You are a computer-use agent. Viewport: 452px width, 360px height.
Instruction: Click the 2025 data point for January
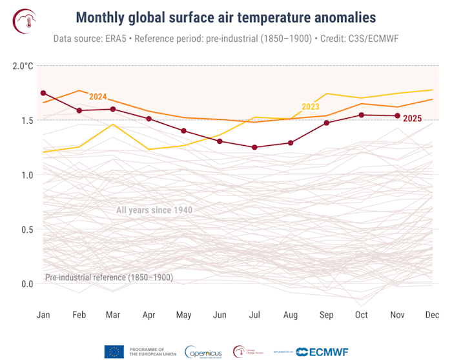tap(43, 93)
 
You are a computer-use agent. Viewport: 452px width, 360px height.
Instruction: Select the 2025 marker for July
tap(254, 147)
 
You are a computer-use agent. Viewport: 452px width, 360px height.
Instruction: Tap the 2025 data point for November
tap(396, 115)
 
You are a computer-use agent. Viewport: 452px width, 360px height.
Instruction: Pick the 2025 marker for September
tap(327, 123)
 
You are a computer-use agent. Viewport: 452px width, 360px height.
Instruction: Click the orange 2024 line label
tap(98, 97)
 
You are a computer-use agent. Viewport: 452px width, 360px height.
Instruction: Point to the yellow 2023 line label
tap(311, 107)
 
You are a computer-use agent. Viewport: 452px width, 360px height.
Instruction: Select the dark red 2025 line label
tap(413, 118)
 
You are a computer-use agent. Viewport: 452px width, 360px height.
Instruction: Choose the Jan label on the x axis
tap(43, 315)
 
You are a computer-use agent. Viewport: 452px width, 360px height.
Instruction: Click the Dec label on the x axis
tap(432, 315)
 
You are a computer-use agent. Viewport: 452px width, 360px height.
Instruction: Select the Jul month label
tap(254, 315)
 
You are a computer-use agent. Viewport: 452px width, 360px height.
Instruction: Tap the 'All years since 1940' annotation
tap(154, 210)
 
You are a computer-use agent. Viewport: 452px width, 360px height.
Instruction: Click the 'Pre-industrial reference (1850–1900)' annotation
tap(108, 277)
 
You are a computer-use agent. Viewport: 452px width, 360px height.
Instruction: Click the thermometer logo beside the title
tap(25, 21)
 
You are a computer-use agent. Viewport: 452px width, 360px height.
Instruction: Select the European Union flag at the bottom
tap(114, 352)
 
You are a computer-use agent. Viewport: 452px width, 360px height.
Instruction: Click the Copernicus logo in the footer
tap(205, 352)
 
